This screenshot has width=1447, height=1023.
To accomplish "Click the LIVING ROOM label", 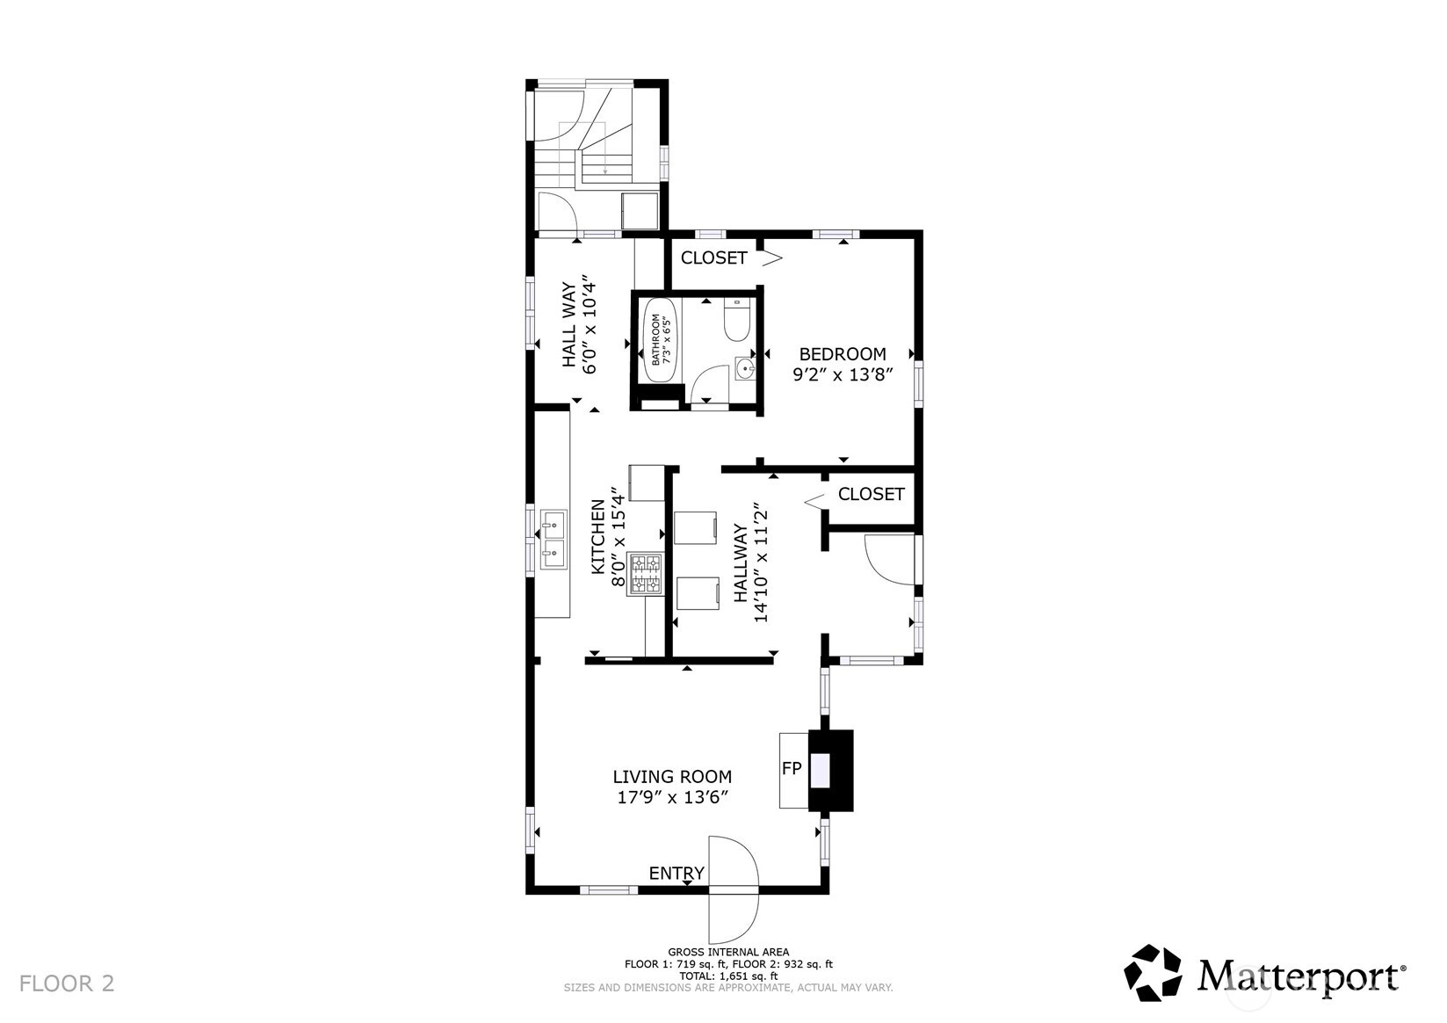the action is click(672, 776).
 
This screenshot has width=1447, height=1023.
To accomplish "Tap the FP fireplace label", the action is click(792, 768).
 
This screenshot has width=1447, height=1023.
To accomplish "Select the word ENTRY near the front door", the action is click(676, 873).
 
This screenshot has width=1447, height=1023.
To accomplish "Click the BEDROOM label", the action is click(843, 353).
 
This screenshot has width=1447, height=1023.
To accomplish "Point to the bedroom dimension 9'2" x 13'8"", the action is click(843, 374).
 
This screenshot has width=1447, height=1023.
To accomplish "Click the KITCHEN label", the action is click(597, 536).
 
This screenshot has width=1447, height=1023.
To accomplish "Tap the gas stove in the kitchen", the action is click(646, 573).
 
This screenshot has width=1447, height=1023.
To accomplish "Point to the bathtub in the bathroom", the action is click(660, 341).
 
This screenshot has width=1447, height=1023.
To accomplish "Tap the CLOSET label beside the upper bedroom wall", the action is click(713, 258).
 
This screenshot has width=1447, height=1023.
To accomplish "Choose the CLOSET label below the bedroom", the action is click(871, 494).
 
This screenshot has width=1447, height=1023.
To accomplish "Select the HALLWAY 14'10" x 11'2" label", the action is click(750, 562).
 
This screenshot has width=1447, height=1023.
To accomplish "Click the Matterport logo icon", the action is click(1153, 973).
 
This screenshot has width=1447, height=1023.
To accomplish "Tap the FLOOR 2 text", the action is click(67, 983).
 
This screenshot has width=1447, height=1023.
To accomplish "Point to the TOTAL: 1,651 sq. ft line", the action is click(728, 976).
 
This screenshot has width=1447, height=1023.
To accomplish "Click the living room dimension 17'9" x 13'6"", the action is click(672, 797).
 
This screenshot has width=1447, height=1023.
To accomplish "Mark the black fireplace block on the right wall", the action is click(831, 770).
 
